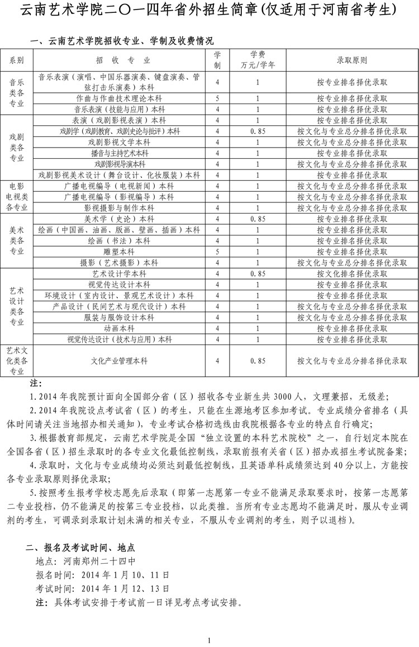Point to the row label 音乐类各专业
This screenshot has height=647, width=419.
point(17,92)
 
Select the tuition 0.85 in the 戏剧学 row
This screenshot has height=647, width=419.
point(258,131)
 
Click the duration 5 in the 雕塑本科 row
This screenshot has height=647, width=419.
point(217,252)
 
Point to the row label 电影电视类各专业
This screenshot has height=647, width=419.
point(17,196)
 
